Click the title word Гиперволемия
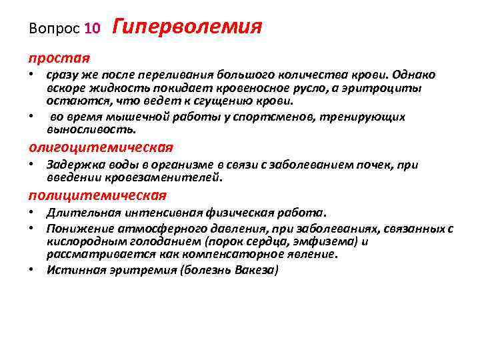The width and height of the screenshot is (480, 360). (187, 27)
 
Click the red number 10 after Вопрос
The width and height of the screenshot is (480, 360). (93, 29)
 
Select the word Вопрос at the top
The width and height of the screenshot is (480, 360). (56, 29)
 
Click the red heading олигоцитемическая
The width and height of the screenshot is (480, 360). (100, 147)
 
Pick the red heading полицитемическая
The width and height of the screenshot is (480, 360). (97, 195)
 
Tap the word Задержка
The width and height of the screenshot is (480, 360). (74, 165)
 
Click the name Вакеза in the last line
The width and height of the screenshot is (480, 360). (256, 270)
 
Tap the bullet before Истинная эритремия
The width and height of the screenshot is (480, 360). (32, 270)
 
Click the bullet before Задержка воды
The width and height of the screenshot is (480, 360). (32, 165)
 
